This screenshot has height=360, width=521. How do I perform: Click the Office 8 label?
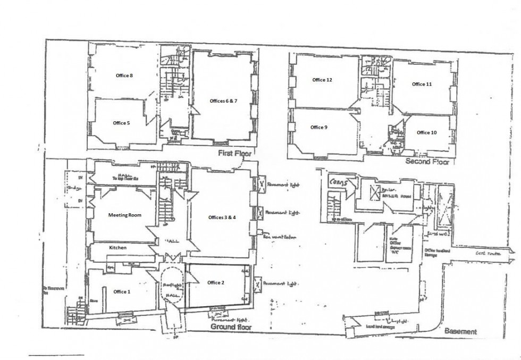coord(124,76)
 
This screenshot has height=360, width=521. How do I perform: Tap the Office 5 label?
coord(121,123)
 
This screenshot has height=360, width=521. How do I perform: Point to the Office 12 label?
coord(322,80)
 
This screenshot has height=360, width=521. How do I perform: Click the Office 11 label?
coord(422,84)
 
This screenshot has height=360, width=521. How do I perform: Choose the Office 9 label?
coord(319,127)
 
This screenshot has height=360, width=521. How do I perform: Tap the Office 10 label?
coord(426,132)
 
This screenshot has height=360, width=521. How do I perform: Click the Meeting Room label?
coord(124,215)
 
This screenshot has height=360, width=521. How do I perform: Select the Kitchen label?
coord(117,248)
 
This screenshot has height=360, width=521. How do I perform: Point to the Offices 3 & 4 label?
coord(222,217)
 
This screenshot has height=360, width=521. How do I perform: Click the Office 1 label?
coord(121,291)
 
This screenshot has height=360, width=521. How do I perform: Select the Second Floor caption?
coord(427,161)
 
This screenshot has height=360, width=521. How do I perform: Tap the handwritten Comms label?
coord(338,181)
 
